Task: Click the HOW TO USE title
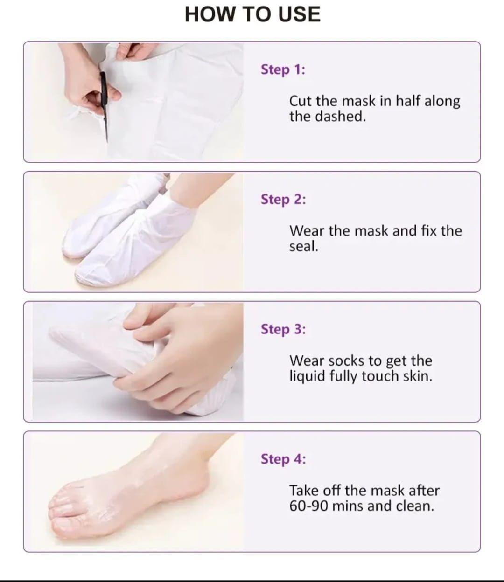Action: pos(252,14)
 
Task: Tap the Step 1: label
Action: pos(283,69)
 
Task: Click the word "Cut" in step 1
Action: pos(301,101)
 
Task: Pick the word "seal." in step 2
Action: pos(303,246)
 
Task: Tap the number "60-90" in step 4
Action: pos(308,506)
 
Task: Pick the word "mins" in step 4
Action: pos(348,506)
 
